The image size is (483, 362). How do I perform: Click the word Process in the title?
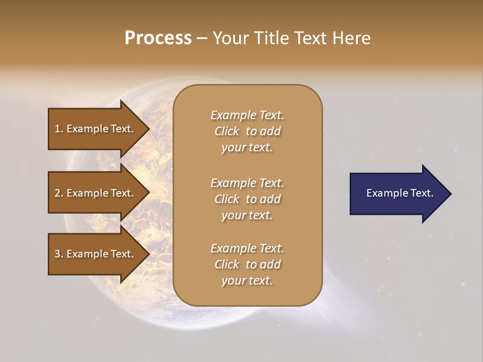pos(158,38)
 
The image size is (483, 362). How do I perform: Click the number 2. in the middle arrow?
pos(59,193)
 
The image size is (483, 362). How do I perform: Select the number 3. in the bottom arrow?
pos(59,254)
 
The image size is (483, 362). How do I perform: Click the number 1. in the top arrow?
pos(59,129)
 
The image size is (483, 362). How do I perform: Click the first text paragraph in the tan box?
pos(247,131)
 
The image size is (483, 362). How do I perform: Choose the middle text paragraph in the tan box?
pos(247,199)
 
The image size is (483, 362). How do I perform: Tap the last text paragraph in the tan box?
pos(247,264)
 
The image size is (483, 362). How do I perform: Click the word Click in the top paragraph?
pos(227,131)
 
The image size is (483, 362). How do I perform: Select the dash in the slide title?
pos(202,38)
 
